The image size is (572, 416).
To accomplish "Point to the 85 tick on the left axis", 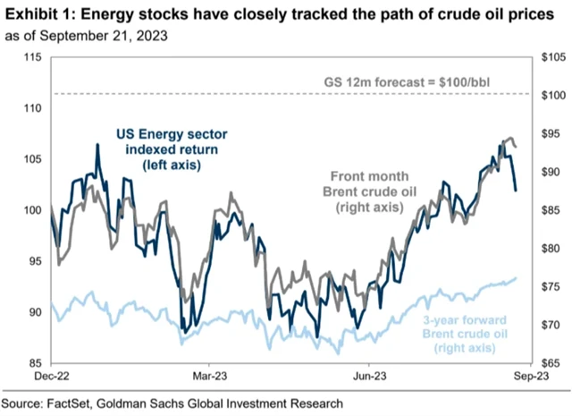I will click(33, 364).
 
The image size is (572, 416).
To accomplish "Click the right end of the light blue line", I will click(517, 279).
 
